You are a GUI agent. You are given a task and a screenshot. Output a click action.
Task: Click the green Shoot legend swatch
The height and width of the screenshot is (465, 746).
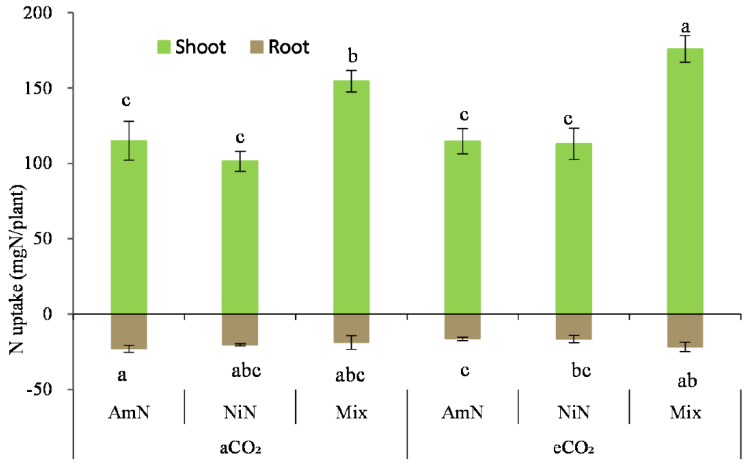click(x=164, y=47)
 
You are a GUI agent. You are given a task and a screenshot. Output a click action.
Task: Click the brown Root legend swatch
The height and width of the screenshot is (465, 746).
click(x=257, y=47)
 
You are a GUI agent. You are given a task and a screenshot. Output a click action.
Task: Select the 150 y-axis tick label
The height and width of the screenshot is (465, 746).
click(x=37, y=88)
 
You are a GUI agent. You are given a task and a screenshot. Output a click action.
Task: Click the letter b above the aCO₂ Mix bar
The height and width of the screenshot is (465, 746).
click(x=353, y=57)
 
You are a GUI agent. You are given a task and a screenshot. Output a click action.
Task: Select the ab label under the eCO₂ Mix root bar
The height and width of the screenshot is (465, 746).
click(x=687, y=381)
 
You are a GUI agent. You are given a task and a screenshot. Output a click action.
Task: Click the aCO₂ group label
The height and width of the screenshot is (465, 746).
click(x=240, y=448)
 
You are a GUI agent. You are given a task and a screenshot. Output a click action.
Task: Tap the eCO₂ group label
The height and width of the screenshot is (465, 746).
click(x=574, y=448)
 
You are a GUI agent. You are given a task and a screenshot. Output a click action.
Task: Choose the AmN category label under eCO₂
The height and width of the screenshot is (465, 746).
click(x=462, y=412)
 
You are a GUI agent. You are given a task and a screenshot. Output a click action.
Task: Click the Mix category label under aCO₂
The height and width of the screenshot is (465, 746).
click(x=351, y=412)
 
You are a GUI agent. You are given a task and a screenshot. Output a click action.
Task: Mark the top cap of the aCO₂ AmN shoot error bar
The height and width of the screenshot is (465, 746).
click(x=129, y=121)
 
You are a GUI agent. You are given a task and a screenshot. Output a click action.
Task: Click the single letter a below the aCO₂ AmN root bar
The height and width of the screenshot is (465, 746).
click(x=122, y=375)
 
